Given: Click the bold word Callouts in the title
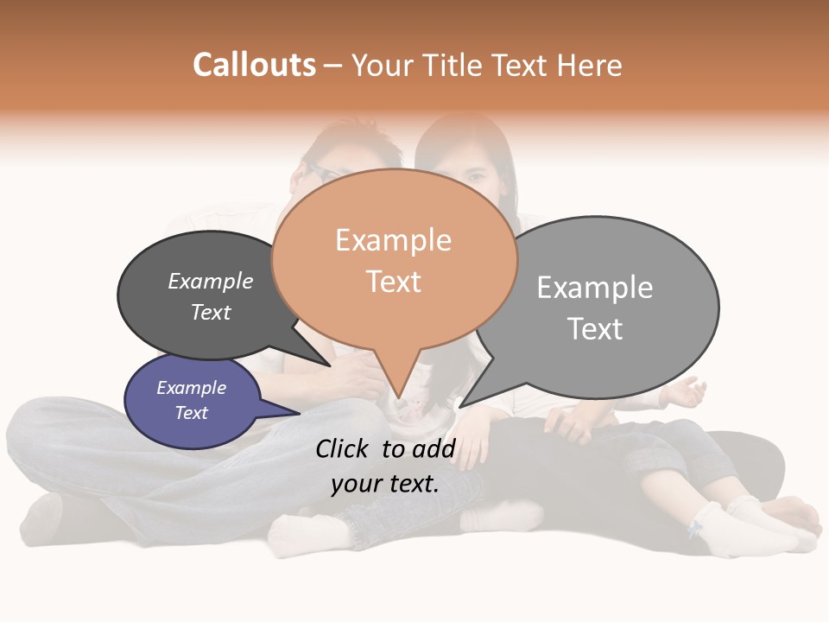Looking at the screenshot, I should pyautogui.click(x=254, y=65).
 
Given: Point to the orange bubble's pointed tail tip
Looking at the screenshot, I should pyautogui.click(x=399, y=398).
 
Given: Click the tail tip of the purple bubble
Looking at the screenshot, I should pyautogui.click(x=299, y=414).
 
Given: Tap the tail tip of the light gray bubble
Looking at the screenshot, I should pyautogui.click(x=461, y=406).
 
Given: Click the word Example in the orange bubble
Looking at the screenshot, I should pyautogui.click(x=393, y=240).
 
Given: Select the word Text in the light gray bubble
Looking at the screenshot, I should pyautogui.click(x=595, y=329).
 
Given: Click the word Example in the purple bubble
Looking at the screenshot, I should pyautogui.click(x=191, y=388).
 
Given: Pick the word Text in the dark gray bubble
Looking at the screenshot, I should pyautogui.click(x=211, y=312).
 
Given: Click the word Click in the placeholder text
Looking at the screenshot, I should pyautogui.click(x=343, y=448).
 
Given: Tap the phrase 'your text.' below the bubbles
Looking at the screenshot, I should pyautogui.click(x=384, y=484).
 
